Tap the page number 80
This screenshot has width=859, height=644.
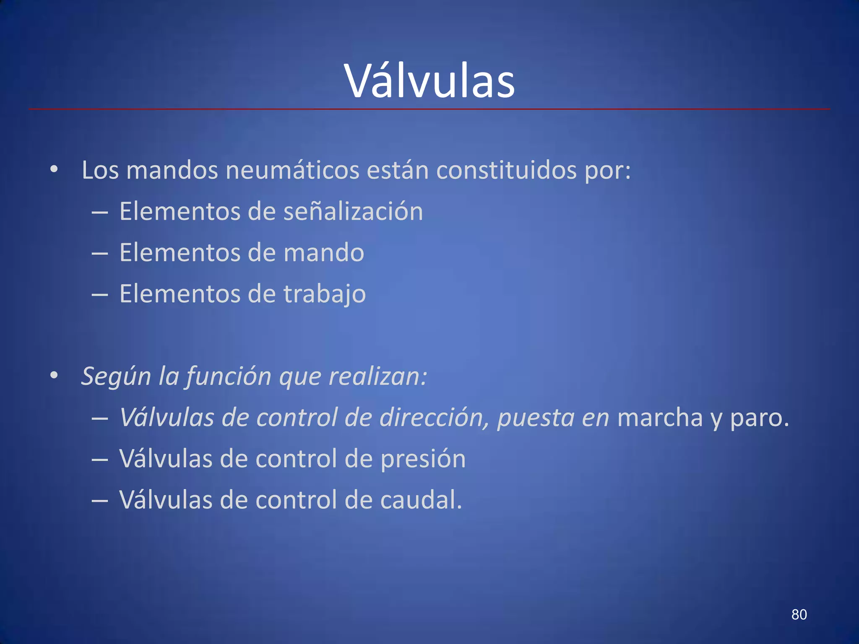(x=799, y=615)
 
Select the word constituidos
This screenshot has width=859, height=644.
(x=506, y=170)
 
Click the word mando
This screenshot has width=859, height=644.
(x=324, y=252)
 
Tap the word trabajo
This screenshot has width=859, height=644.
(x=325, y=294)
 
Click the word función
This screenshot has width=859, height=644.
(x=229, y=376)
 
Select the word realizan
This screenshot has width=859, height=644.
(x=377, y=376)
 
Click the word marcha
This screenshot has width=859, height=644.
(x=660, y=418)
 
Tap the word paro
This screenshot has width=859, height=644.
(x=759, y=418)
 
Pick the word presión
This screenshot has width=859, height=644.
(x=423, y=459)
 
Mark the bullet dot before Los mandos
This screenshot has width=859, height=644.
(x=54, y=170)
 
